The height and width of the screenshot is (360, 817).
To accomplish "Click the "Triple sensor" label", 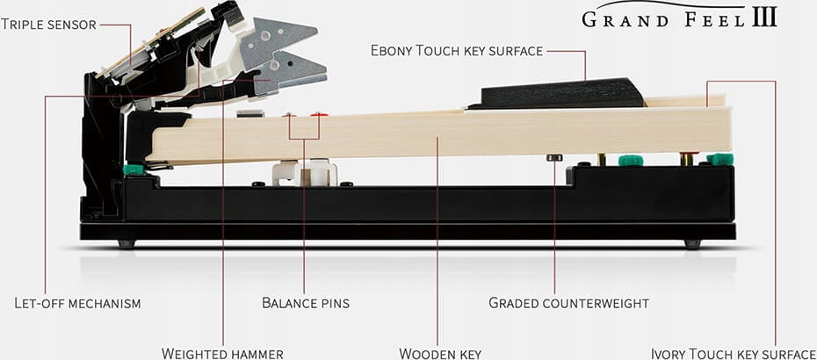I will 47,24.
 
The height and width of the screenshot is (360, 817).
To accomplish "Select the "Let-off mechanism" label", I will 77,304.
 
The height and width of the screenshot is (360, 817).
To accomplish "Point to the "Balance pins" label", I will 306,304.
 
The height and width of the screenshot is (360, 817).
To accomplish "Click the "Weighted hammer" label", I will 222,354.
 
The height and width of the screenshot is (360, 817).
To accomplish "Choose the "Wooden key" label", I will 440,354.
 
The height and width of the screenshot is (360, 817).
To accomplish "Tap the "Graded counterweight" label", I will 568,304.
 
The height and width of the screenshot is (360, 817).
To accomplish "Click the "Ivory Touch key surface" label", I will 733,354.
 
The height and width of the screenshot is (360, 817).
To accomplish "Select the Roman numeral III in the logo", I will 763,18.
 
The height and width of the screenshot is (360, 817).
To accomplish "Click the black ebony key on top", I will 553,93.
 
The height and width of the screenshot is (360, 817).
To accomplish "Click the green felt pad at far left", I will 134,169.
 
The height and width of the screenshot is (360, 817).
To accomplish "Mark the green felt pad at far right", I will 720,159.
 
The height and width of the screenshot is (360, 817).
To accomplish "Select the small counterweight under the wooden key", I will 554,157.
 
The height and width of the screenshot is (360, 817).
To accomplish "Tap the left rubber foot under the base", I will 127,244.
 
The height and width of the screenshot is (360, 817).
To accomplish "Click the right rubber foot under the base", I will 693,244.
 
